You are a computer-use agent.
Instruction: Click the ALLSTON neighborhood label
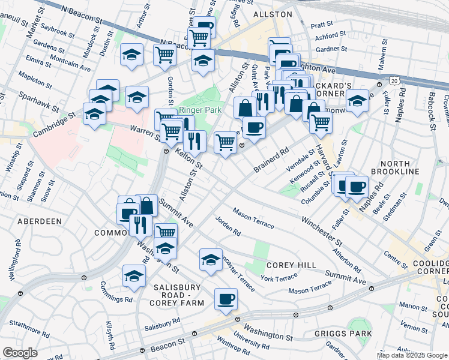point(273,13)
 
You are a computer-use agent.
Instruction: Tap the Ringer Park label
point(200,110)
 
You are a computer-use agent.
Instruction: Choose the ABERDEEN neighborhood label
point(40,221)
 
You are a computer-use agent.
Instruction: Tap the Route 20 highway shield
point(393,79)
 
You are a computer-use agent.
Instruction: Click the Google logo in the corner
point(20,353)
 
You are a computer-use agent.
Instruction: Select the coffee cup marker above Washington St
point(226,299)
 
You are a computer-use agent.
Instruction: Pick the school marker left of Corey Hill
point(210,259)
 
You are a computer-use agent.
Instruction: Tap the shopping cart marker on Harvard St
point(321,122)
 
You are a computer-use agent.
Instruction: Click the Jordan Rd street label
point(228,226)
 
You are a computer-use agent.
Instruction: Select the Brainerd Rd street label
point(271,159)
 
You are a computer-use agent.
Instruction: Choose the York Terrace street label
point(279,278)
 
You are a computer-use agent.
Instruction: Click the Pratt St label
point(322,25)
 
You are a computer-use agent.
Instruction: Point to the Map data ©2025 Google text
point(412,355)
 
